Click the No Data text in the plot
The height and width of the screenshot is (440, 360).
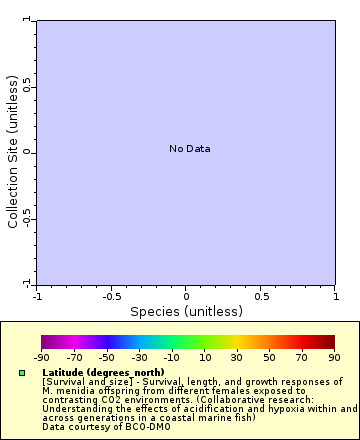coord(189,149)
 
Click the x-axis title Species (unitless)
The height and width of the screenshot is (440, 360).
coord(186,311)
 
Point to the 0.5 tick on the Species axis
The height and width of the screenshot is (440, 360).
coord(260,296)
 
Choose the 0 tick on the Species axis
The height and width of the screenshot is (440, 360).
coord(186,296)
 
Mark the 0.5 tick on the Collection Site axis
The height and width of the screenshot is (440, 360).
coord(27,85)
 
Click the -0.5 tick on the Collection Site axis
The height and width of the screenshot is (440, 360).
coord(27,218)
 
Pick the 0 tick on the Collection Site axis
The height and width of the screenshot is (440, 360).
coord(27,152)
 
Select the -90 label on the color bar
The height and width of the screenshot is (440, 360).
coord(41,357)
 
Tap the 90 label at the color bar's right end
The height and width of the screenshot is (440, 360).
coord(334,357)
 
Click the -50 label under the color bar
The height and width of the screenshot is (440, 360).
coord(106,357)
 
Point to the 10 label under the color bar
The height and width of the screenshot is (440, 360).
coord(204,357)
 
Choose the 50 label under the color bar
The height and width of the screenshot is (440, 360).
coord(269,357)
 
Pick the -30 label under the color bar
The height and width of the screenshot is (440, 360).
coord(139,357)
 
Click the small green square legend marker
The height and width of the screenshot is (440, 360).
coord(21,373)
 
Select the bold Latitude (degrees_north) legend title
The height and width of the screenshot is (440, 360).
coord(103,372)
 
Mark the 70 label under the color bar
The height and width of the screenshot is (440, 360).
coord(302,357)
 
